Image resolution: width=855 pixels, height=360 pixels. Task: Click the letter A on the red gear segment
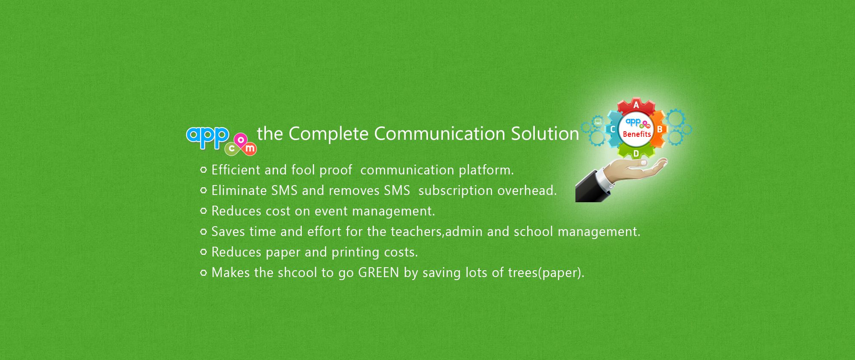pos(636,105)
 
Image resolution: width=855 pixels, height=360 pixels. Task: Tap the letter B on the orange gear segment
pos(660,129)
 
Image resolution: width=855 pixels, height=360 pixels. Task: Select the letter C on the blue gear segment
pos(613,129)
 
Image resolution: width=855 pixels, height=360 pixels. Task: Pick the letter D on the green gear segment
pos(636,153)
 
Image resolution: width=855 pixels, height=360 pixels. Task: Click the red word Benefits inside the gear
pos(637,134)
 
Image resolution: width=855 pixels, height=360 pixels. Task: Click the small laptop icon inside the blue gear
pos(598,121)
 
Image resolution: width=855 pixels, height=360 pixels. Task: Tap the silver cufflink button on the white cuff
pos(611,186)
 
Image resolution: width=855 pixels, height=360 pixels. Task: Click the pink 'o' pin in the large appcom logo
pos(241,141)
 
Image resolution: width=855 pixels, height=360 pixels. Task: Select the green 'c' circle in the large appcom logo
pos(232,149)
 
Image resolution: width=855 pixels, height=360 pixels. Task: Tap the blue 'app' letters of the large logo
pos(208,136)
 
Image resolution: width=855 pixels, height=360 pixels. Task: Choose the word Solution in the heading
pos(545,133)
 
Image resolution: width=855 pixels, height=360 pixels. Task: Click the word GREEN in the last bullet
pos(379,272)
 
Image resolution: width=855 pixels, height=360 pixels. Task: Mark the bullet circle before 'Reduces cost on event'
pos(203,211)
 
